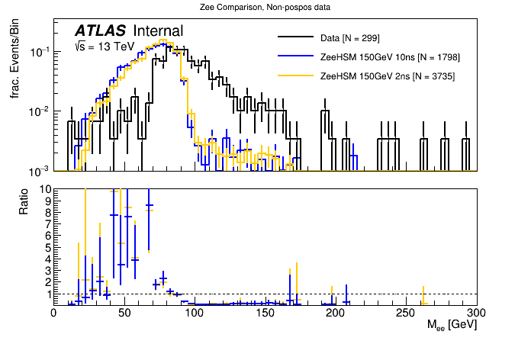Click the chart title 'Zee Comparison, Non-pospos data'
[265, 7]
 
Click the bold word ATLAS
[101, 31]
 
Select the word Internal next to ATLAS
[158, 31]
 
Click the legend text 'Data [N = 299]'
[350, 37]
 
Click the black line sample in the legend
[295, 37]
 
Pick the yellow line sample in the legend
[295, 76]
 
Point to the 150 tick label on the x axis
[265, 313]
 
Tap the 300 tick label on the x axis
[477, 313]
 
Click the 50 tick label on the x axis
[124, 313]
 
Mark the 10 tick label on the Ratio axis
[44, 189]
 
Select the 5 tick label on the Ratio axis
[47, 247]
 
